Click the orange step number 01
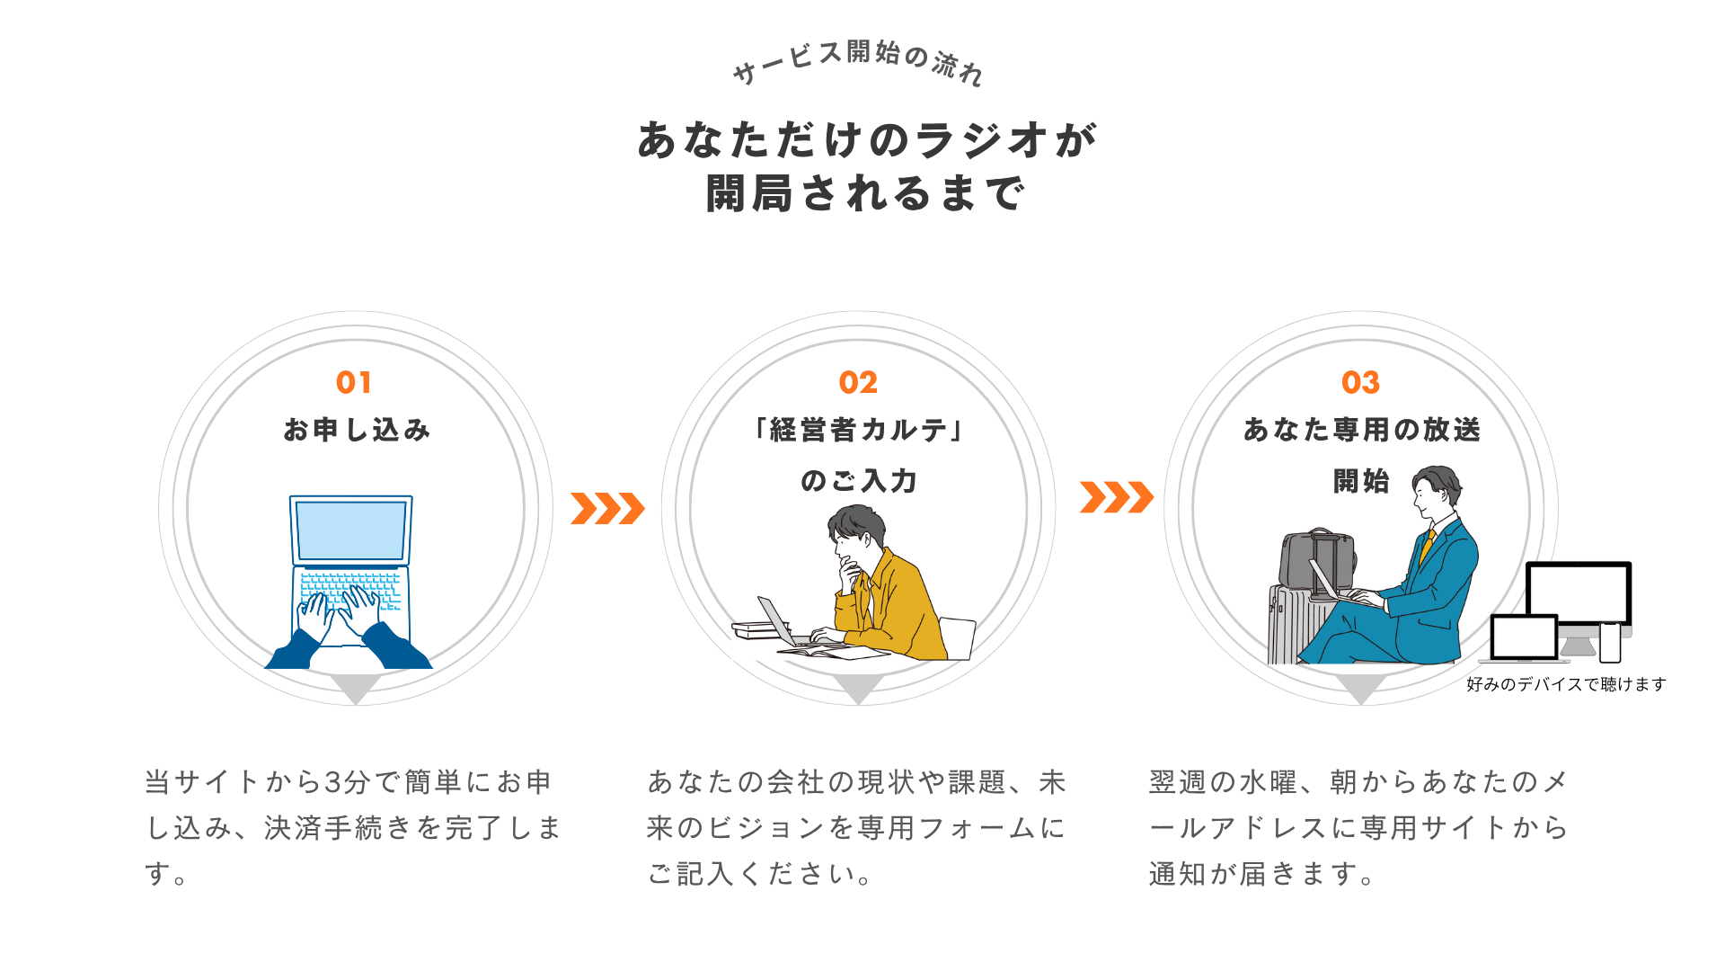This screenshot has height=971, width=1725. click(353, 383)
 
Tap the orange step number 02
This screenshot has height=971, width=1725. click(858, 383)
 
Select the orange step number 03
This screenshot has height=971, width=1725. click(1360, 383)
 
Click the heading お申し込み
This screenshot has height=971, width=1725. click(357, 430)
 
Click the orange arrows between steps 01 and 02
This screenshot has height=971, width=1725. click(607, 508)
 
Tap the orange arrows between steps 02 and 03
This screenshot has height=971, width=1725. click(1117, 497)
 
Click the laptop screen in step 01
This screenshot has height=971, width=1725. click(351, 530)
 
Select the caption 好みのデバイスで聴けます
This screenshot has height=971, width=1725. click(1566, 684)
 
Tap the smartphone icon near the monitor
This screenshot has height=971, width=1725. click(1610, 642)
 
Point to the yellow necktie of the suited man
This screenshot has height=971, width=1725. click(1426, 544)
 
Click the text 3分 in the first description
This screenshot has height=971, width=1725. click(347, 782)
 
